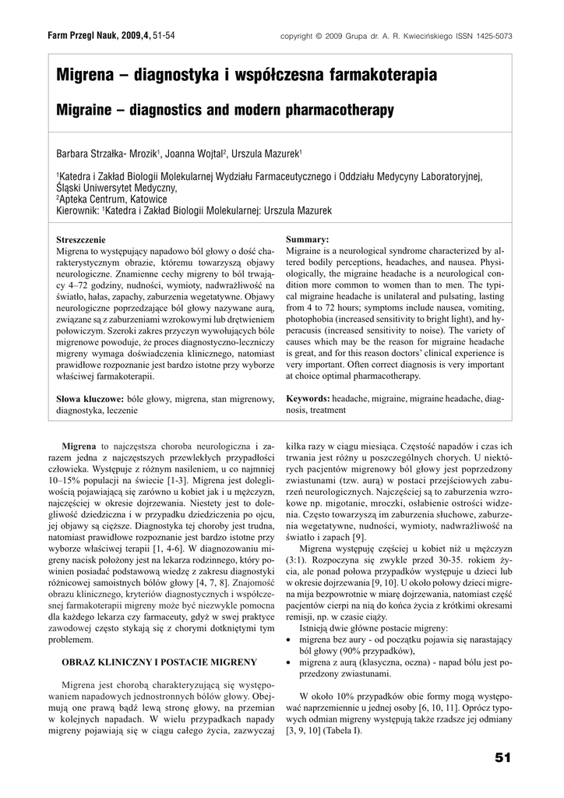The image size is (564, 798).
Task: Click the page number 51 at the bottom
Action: tap(502, 757)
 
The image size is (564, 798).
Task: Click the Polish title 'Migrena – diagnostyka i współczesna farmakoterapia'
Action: tap(247, 76)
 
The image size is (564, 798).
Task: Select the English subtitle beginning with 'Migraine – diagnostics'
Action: tap(225, 111)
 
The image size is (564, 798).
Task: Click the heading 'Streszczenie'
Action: tap(81, 239)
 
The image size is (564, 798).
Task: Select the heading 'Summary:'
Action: tap(307, 239)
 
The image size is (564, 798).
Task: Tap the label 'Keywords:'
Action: tap(308, 399)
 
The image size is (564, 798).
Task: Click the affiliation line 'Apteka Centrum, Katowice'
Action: tap(113, 199)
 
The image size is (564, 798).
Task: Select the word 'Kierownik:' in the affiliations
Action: tap(78, 210)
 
